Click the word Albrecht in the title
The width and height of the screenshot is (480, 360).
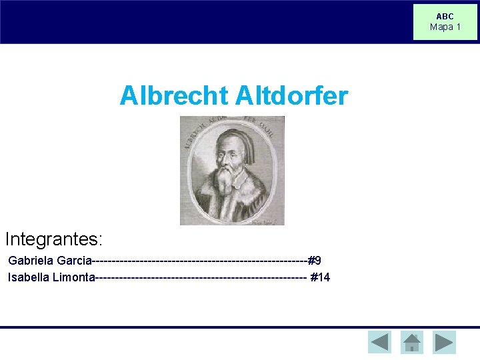[174, 96]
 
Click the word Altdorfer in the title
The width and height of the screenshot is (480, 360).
[291, 96]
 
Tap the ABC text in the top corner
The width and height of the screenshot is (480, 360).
[445, 17]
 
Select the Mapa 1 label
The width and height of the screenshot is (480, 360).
[445, 27]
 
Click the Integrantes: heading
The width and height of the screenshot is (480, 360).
[53, 238]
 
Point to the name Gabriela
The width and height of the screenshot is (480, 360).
[31, 260]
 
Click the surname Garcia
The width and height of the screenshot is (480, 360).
[74, 260]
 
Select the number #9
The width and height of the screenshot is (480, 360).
[315, 260]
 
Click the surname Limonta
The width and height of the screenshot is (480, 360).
[73, 277]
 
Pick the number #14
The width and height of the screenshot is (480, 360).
[320, 277]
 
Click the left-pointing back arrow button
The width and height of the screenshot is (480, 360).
[379, 342]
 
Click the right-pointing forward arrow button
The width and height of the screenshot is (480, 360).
[444, 342]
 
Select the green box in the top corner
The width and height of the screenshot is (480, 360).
[445, 22]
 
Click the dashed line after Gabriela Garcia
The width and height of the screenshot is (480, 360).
[200, 260]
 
